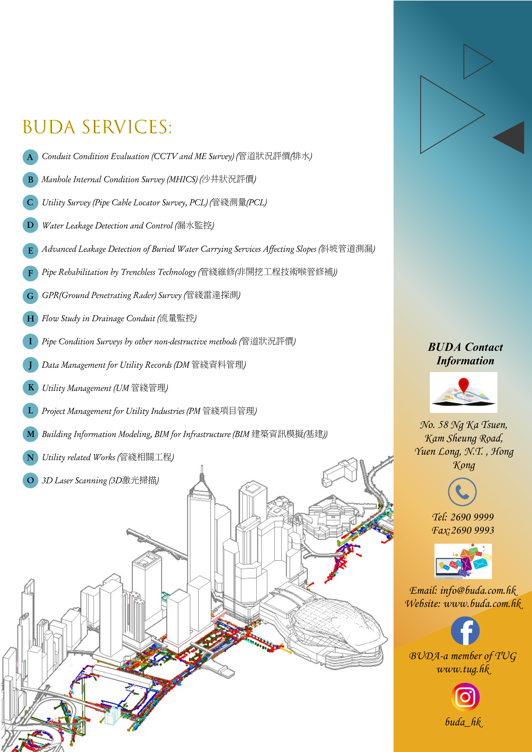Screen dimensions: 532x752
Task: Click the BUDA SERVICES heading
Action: pos(97,127)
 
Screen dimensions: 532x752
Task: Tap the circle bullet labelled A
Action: pos(30,157)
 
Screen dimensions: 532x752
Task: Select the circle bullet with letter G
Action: pos(30,296)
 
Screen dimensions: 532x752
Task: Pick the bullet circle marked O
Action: pos(30,481)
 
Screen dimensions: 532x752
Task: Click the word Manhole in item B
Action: pos(56,179)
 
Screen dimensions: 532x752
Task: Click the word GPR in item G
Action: pos(50,295)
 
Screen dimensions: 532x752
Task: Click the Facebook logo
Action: pos(465,631)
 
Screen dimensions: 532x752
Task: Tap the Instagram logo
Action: pos(465,697)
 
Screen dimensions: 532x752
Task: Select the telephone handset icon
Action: pos(462,492)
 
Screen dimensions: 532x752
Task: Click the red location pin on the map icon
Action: pos(464,385)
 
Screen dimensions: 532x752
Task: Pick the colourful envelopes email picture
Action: pos(463,561)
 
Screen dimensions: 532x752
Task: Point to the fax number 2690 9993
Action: pos(473,530)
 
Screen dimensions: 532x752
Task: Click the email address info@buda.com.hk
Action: pos(479,590)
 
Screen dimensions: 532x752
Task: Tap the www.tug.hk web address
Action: pos(464,669)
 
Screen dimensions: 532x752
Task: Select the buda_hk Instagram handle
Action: pos(464,722)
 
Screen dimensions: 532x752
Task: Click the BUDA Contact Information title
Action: pos(465,354)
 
